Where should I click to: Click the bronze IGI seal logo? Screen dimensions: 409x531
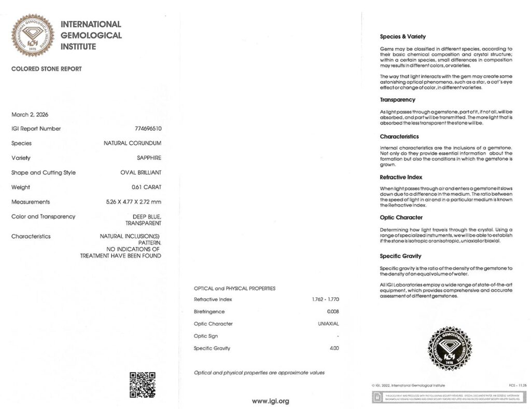coord(33,35)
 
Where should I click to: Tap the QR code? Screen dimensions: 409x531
coord(142,385)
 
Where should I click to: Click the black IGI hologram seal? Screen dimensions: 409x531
coord(449,348)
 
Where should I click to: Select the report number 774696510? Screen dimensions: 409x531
coord(148,129)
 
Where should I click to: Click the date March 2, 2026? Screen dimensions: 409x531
coord(30,115)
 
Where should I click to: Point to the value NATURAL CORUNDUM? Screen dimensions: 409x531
coord(132,143)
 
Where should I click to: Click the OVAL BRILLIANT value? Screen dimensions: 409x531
coord(141,173)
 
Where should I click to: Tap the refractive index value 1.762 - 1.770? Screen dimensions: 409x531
coord(325,299)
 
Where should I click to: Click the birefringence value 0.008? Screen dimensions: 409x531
coord(332,311)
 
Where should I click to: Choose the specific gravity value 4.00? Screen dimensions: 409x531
coord(334,348)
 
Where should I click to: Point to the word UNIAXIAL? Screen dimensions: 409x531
coord(328,324)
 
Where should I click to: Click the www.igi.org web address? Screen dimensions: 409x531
coord(270,401)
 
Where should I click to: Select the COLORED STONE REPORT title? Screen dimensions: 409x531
coord(46,69)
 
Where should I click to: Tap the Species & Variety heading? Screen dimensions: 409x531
coord(402,37)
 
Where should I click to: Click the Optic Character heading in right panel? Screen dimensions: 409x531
coord(401,217)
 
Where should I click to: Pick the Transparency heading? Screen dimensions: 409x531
coord(397,100)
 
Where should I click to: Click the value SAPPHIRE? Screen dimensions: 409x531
coord(149,158)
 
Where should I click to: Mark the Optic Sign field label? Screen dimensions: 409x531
coord(206,336)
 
